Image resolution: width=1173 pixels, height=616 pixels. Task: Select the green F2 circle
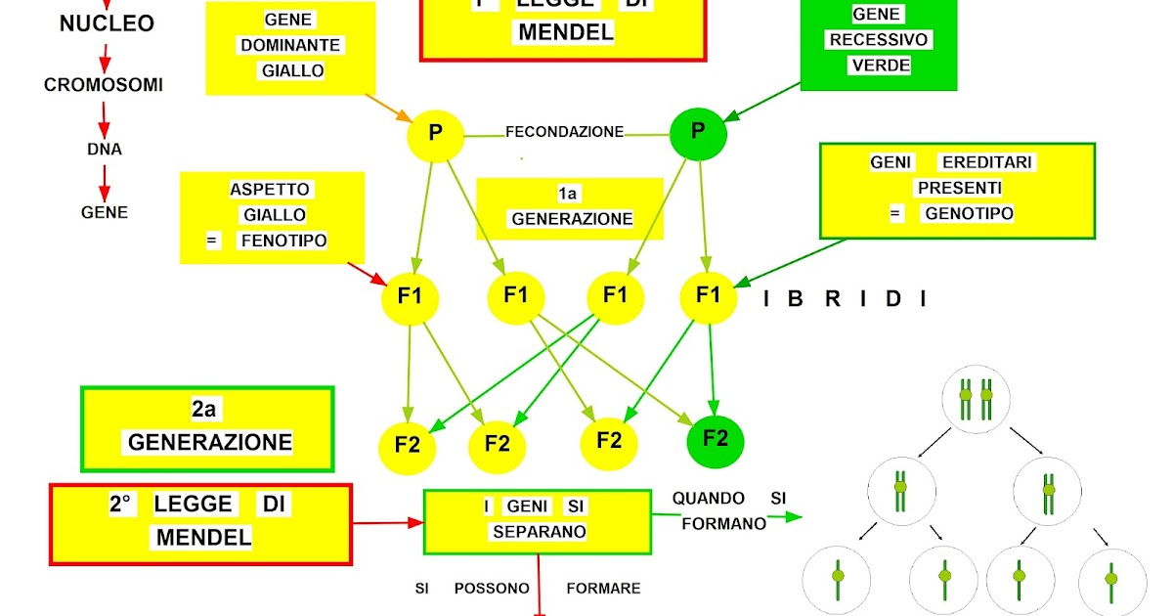click(x=715, y=439)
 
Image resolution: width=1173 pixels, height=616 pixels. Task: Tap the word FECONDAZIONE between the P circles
click(x=564, y=132)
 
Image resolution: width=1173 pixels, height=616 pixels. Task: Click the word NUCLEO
click(x=107, y=23)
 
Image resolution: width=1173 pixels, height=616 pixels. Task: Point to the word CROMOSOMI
click(x=104, y=85)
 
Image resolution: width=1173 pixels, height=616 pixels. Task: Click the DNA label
click(x=104, y=150)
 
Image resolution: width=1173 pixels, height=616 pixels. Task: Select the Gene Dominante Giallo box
click(x=290, y=47)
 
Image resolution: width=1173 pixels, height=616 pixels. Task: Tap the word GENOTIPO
click(x=968, y=213)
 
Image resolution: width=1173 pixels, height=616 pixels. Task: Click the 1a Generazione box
click(x=570, y=207)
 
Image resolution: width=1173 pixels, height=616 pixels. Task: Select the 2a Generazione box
click(x=208, y=428)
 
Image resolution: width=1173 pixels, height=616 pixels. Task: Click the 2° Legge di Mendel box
click(x=200, y=522)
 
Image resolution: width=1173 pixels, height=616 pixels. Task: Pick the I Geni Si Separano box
click(x=537, y=519)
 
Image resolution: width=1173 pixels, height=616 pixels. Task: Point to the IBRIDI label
click(x=845, y=299)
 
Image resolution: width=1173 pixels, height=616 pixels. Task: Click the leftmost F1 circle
click(x=411, y=295)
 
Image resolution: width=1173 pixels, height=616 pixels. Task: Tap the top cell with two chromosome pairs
click(x=976, y=402)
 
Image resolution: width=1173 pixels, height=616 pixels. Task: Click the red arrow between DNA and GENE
click(x=104, y=181)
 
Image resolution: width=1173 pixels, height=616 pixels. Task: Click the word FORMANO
click(x=723, y=524)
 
